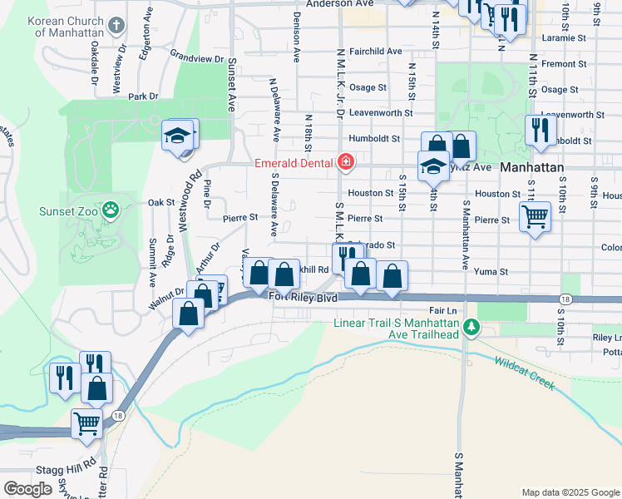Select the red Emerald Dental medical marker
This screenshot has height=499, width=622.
[345, 161]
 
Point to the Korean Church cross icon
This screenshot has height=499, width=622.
[116, 25]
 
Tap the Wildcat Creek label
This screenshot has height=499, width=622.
[524, 372]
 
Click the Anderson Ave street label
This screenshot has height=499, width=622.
[340, 4]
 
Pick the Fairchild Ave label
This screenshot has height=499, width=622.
[375, 52]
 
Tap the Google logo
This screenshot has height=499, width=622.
[28, 489]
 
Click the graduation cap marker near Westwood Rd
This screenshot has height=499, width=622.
[177, 135]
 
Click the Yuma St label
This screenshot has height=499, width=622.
[491, 271]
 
